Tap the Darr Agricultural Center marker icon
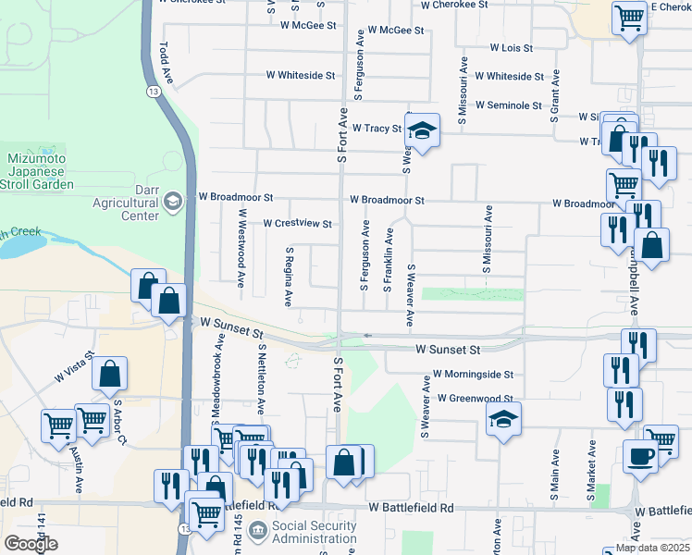[172, 201]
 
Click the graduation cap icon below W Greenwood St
[503, 422]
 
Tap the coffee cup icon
[640, 456]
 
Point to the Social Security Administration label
[315, 533]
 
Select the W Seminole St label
[508, 105]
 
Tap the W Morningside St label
[473, 375]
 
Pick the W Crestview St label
[297, 224]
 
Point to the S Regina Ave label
[290, 276]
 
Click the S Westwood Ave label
[241, 248]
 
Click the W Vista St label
[75, 367]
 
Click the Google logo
[31, 544]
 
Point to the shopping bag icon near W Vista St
[109, 373]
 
